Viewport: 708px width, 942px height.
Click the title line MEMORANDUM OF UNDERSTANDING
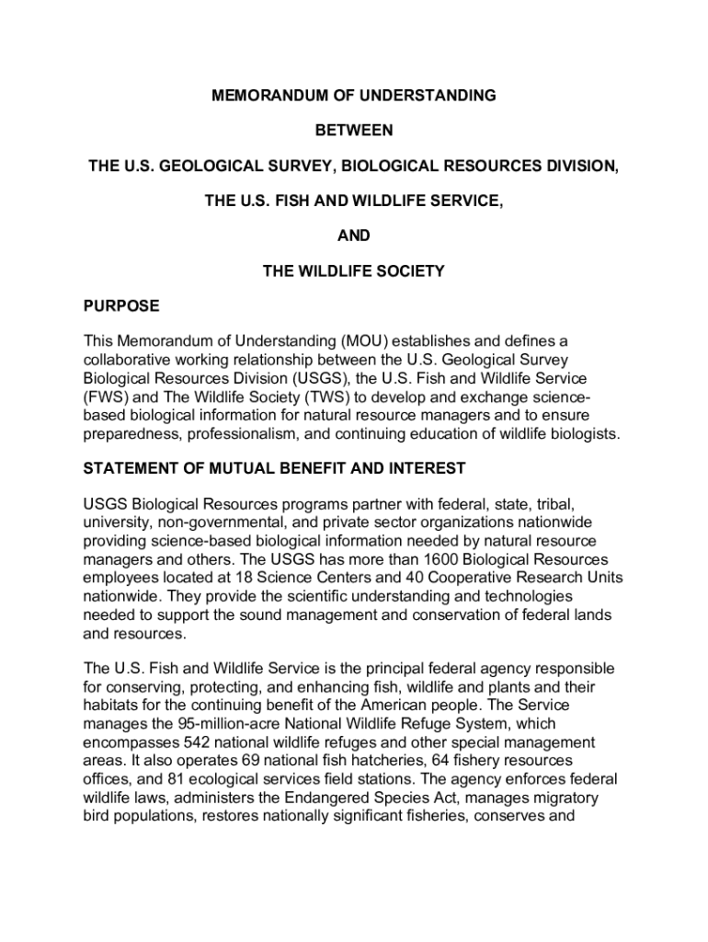tap(354, 96)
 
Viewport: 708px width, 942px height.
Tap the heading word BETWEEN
tap(354, 131)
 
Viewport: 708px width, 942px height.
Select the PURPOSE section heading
tap(121, 306)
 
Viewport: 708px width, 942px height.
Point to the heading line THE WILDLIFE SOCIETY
tap(354, 271)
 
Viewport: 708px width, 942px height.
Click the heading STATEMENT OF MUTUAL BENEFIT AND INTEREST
tap(275, 469)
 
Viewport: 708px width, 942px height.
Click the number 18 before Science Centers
tap(247, 578)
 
